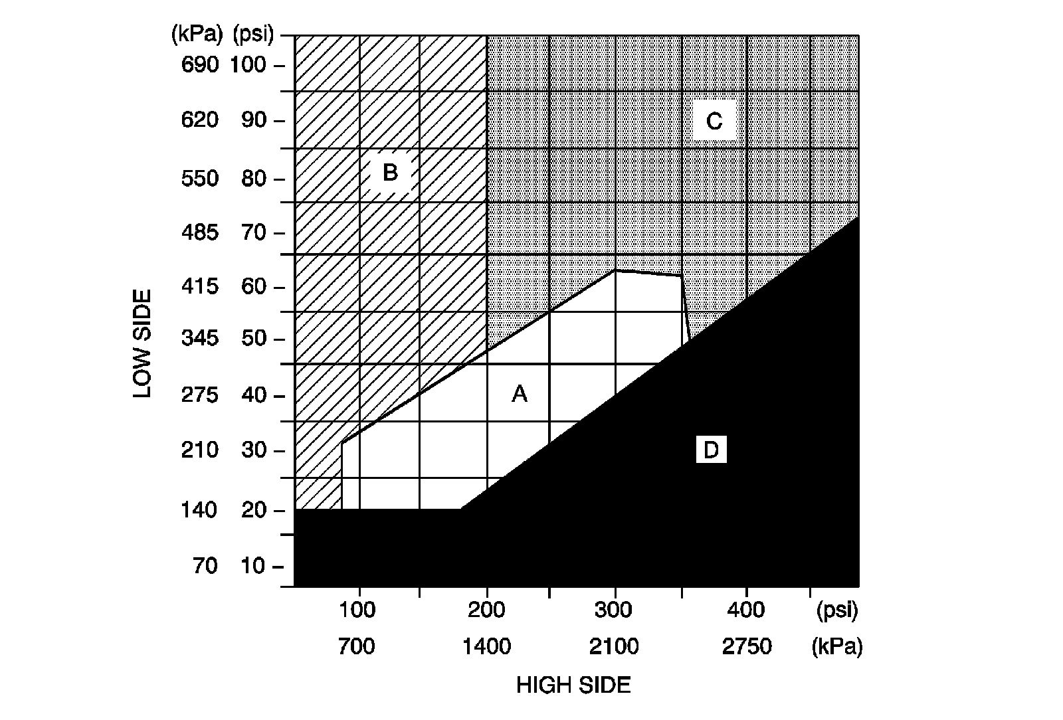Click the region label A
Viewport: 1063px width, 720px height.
(x=520, y=394)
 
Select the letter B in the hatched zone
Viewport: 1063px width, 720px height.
(x=390, y=173)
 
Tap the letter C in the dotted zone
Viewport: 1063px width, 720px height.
(x=714, y=122)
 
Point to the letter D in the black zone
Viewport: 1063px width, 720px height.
(x=711, y=450)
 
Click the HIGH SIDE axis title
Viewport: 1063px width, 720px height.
(x=573, y=685)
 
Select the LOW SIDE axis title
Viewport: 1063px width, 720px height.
(x=142, y=343)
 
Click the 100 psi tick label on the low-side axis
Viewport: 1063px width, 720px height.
(x=248, y=65)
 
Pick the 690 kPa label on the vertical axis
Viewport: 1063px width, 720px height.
(x=199, y=65)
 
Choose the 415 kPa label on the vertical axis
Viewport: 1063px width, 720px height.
(x=199, y=287)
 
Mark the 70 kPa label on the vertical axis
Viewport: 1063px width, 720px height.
(x=205, y=566)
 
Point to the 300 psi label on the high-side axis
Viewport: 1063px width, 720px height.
(x=614, y=610)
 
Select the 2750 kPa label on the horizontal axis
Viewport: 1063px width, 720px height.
(x=747, y=646)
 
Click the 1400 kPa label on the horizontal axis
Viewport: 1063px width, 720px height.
(x=486, y=646)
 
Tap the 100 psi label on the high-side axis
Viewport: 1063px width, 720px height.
(x=357, y=610)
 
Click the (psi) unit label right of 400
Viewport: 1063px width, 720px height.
(x=836, y=610)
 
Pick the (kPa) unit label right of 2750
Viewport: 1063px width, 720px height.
(x=836, y=646)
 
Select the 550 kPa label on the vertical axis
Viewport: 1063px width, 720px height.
(x=199, y=178)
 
